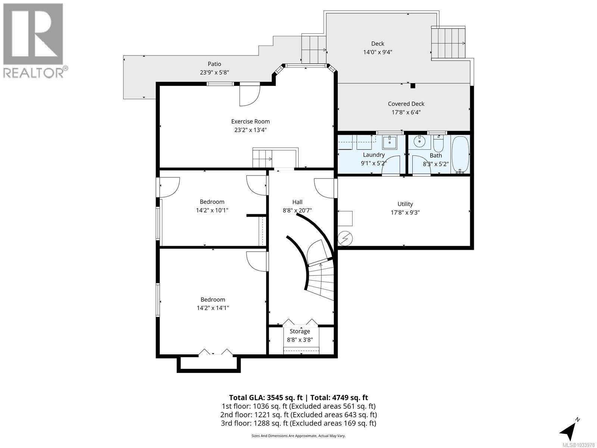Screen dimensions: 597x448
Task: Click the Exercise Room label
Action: coord(250,122)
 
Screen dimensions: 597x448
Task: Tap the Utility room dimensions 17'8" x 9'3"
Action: coord(405,212)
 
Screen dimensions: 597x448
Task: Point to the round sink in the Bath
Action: coord(420,141)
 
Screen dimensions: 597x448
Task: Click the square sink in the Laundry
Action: coord(390,142)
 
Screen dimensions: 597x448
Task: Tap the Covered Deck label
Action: coord(406,104)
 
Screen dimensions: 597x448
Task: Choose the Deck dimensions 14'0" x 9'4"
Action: coord(378,52)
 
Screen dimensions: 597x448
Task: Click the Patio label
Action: coord(214,64)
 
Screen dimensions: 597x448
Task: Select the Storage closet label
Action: coord(300,331)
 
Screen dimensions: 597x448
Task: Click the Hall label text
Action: coord(297,202)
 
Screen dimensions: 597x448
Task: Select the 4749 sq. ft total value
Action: coord(350,398)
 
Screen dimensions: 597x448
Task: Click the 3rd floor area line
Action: coord(298,423)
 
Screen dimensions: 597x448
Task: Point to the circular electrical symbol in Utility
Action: coord(345,239)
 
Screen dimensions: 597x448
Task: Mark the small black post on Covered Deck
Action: coord(413,86)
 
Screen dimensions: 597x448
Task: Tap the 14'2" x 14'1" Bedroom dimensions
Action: coord(213,308)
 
